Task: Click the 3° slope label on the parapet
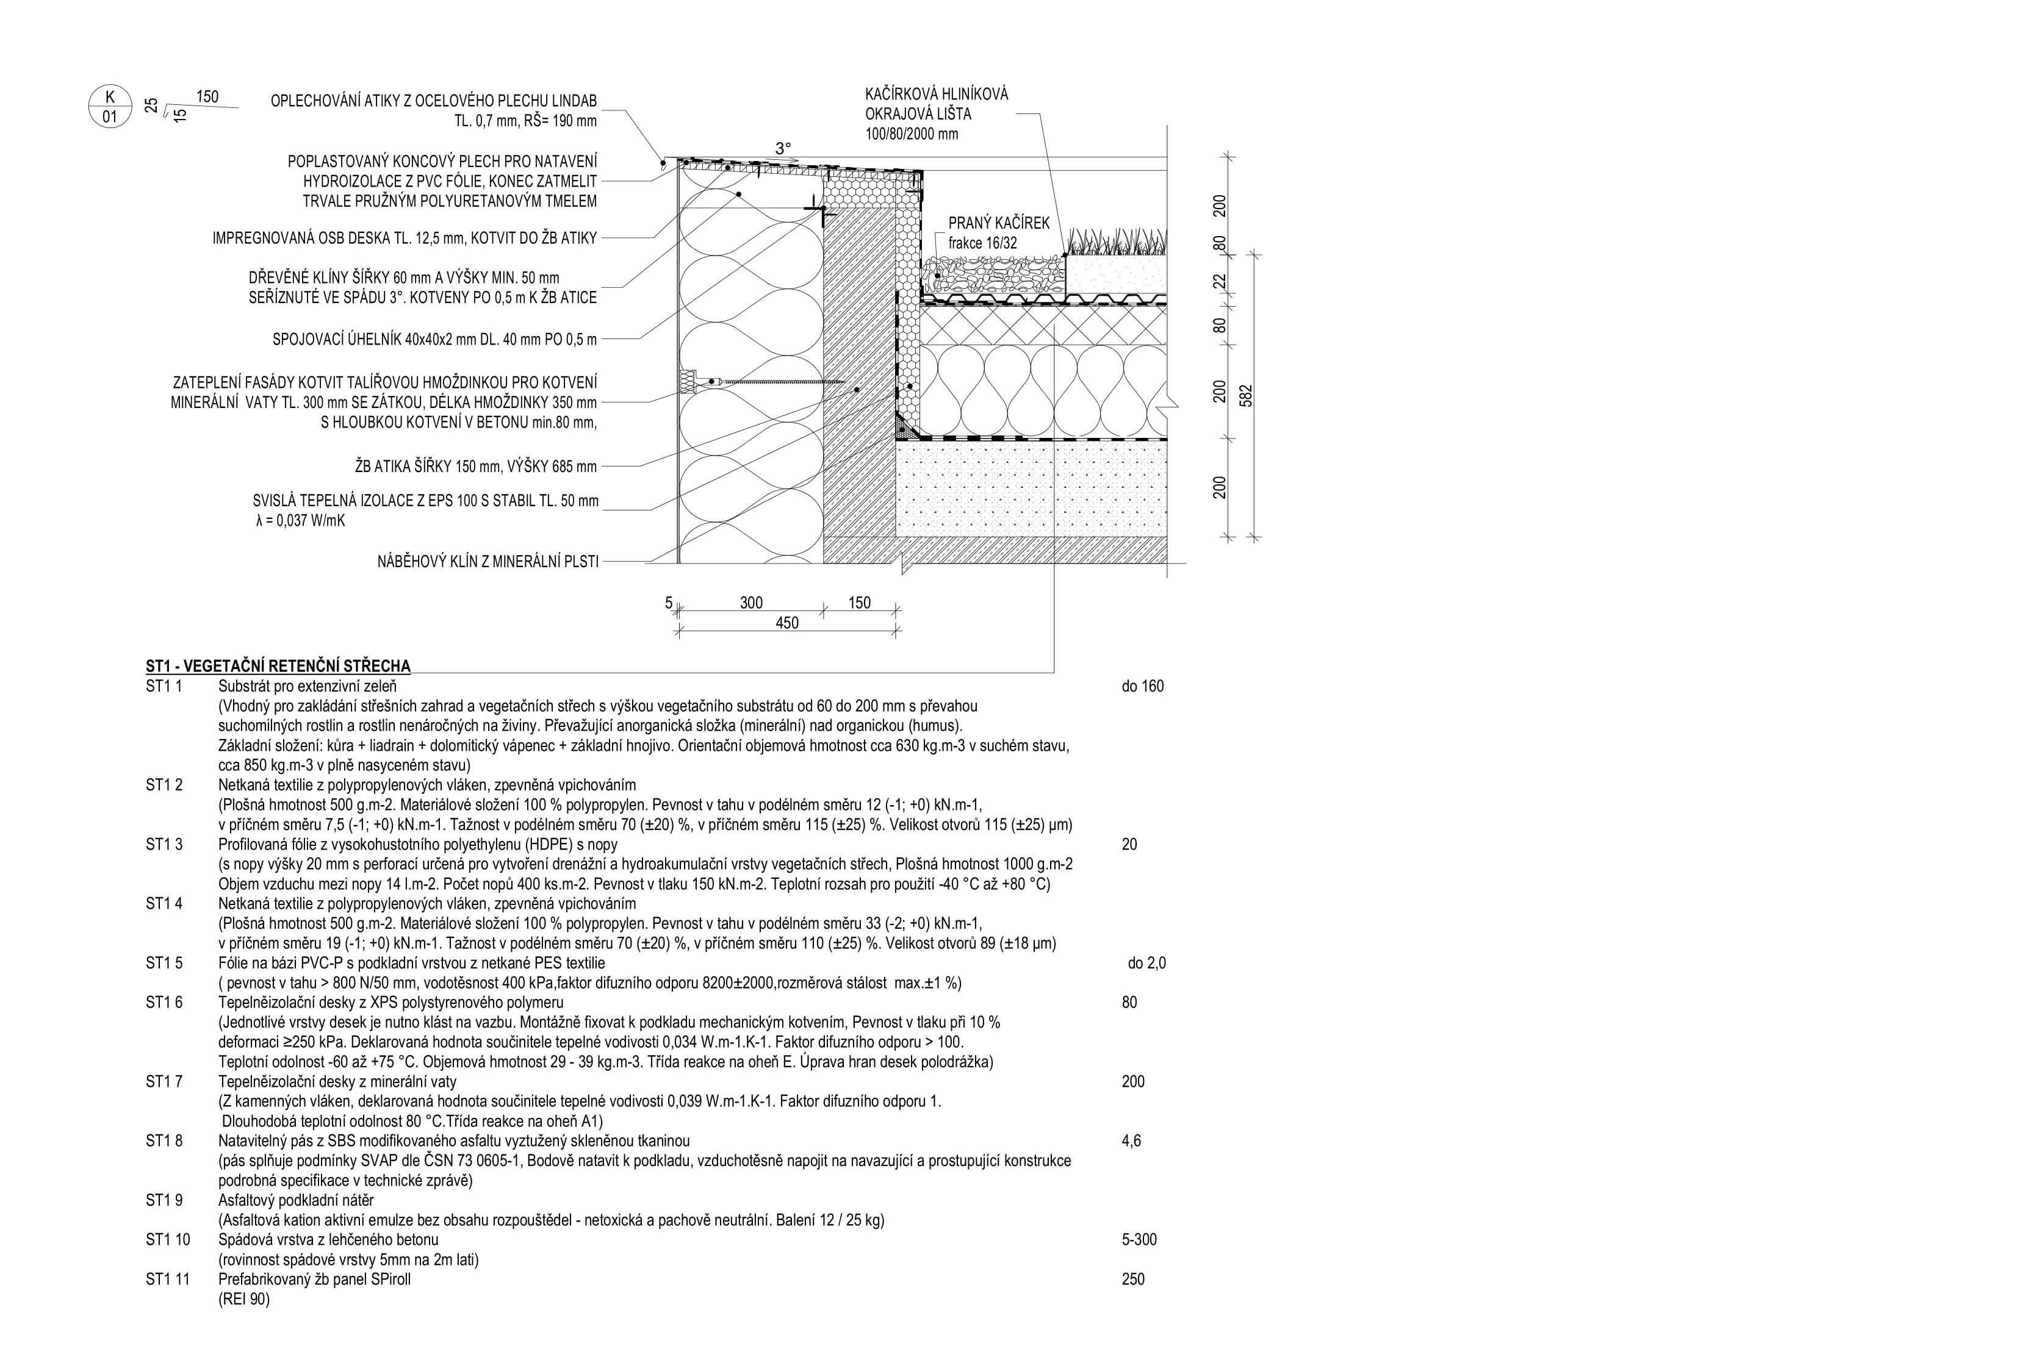783,148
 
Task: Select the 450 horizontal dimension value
786,623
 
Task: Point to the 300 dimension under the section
750,603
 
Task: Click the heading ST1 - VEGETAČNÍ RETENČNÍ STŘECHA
278,666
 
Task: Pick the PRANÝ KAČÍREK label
998,223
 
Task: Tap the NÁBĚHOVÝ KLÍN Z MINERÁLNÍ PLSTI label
488,562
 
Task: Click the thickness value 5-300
1139,1240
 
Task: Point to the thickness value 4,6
1131,1141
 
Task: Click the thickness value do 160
1142,686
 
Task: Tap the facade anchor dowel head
688,381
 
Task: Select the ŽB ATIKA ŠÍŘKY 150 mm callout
476,467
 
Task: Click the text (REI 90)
244,1299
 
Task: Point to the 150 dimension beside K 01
207,96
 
